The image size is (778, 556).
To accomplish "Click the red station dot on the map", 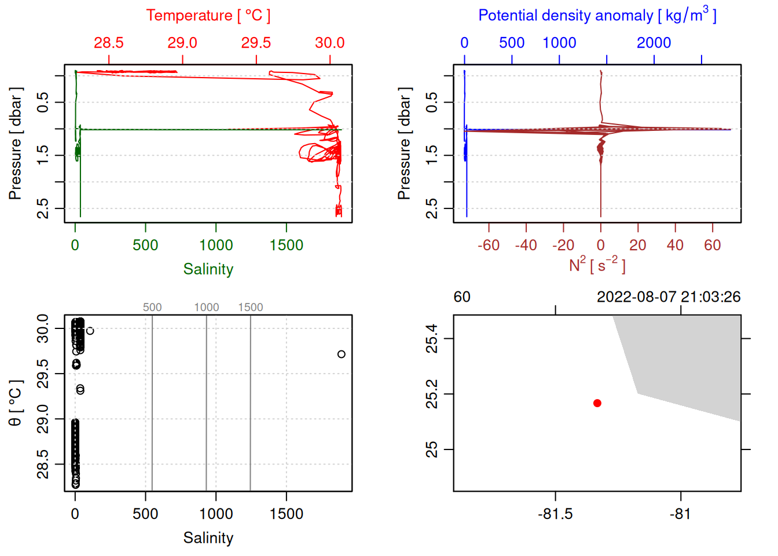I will [597, 403].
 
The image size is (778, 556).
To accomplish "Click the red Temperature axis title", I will [208, 16].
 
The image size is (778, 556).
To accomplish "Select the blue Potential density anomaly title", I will [597, 16].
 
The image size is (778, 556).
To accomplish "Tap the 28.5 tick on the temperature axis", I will [109, 43].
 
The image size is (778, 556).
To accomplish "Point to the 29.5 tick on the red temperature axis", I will [256, 43].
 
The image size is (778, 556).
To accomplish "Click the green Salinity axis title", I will [208, 269].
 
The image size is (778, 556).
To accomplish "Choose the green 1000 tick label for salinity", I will [216, 245].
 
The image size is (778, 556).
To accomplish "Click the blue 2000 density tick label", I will [654, 43].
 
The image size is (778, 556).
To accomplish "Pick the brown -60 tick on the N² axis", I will [489, 245].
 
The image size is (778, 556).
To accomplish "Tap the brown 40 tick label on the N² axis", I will [675, 245].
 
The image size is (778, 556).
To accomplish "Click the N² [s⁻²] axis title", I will [597, 265].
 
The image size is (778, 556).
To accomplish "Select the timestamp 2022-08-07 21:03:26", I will [669, 297].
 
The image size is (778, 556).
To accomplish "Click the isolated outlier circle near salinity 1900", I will [342, 354].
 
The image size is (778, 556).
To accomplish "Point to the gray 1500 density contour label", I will [251, 308].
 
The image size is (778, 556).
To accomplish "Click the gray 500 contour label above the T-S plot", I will [152, 308].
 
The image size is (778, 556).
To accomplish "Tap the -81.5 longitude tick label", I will [555, 514].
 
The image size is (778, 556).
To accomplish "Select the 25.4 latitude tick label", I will [432, 339].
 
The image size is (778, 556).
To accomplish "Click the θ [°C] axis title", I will [15, 403].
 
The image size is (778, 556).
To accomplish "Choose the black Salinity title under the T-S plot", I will [208, 538].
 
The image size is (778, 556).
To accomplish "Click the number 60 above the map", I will [462, 297].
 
